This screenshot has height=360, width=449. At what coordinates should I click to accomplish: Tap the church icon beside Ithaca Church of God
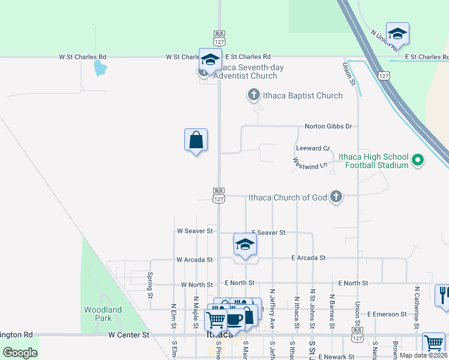click(336, 197)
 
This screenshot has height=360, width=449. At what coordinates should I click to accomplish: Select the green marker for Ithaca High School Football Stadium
click(418, 160)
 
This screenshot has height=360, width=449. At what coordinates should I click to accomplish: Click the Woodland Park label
click(103, 314)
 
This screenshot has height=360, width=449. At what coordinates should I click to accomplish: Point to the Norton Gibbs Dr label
click(328, 126)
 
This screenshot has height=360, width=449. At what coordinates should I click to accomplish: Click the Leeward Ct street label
click(313, 148)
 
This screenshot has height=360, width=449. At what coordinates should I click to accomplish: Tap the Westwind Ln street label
click(310, 163)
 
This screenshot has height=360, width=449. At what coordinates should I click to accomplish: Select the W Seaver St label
click(194, 230)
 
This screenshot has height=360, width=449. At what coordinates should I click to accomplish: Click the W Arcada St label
click(194, 260)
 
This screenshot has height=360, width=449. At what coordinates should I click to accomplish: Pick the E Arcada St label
click(308, 257)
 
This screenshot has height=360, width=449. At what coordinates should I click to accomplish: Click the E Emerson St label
click(387, 314)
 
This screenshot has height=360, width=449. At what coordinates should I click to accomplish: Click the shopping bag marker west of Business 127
click(196, 140)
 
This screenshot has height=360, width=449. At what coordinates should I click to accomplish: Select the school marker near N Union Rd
click(397, 33)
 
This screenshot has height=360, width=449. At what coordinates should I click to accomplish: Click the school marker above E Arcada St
click(245, 244)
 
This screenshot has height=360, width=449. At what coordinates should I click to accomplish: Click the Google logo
click(20, 352)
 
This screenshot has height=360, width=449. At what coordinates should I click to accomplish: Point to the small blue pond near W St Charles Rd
click(100, 67)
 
